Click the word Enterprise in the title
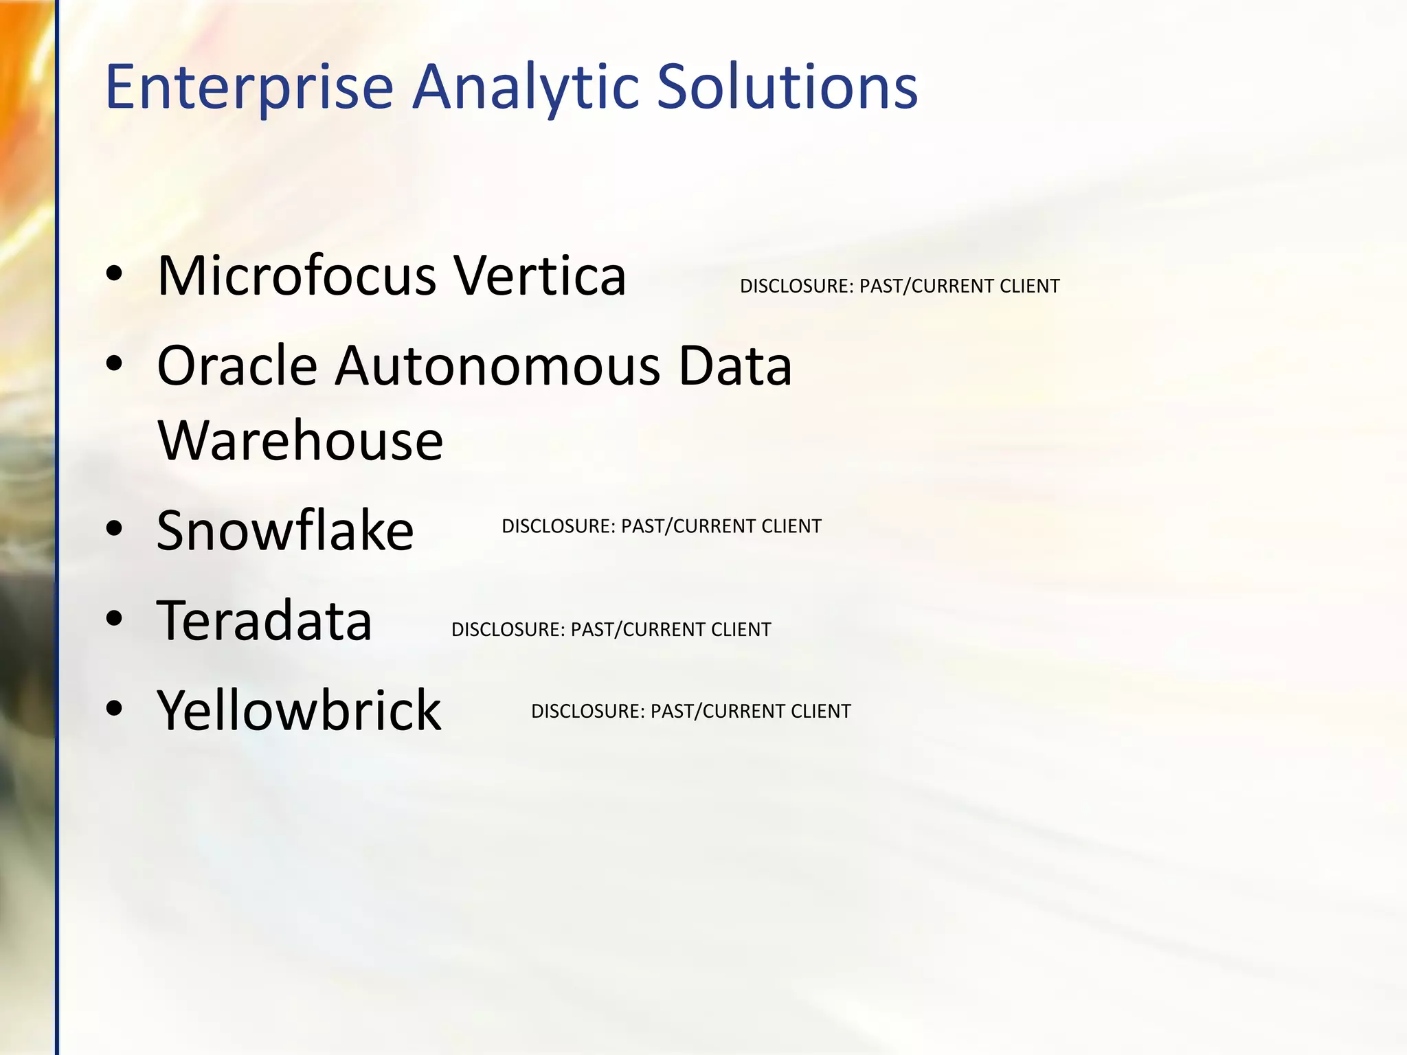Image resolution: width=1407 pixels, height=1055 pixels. click(249, 87)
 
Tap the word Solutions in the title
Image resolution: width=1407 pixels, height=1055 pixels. click(787, 87)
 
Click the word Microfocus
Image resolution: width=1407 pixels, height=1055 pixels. click(297, 276)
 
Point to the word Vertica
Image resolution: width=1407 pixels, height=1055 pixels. click(540, 276)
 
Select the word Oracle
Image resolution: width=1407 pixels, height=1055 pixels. click(237, 366)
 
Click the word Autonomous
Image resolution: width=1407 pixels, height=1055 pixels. click(498, 366)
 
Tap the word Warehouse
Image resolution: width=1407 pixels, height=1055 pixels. click(300, 440)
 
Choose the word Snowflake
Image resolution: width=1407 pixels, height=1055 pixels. click(285, 530)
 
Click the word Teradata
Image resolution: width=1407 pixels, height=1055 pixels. click(264, 620)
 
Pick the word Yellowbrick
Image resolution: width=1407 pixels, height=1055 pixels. click(299, 710)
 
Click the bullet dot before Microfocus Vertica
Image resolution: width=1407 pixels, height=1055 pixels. click(114, 275)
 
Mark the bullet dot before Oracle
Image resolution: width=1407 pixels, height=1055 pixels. click(114, 365)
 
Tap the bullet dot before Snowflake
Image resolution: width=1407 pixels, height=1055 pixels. click(114, 529)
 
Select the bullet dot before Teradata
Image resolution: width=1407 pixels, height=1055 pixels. click(114, 619)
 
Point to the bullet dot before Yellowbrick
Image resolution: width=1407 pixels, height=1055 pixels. click(114, 708)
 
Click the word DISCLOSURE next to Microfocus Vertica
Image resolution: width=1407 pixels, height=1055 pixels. click(796, 286)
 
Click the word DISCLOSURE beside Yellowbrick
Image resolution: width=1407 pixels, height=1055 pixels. click(587, 712)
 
